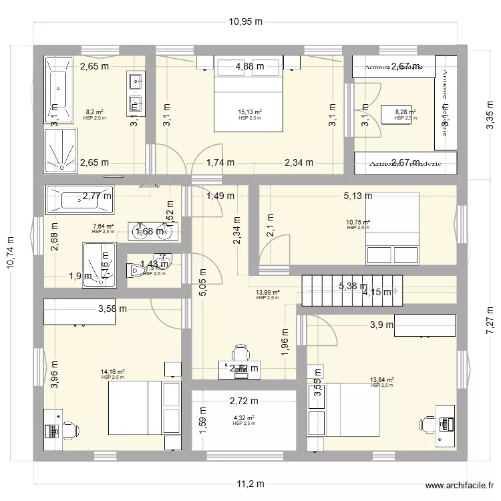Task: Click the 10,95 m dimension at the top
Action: pos(245,21)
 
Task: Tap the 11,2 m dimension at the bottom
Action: pos(250,484)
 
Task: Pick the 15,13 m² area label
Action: pos(250,113)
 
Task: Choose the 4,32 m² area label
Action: pos(243,418)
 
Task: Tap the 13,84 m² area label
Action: pos(381,380)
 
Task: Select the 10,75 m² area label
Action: pos(358,222)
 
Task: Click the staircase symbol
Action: pos(347,291)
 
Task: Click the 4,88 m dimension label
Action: pos(249,66)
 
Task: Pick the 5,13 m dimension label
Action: pos(358,196)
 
